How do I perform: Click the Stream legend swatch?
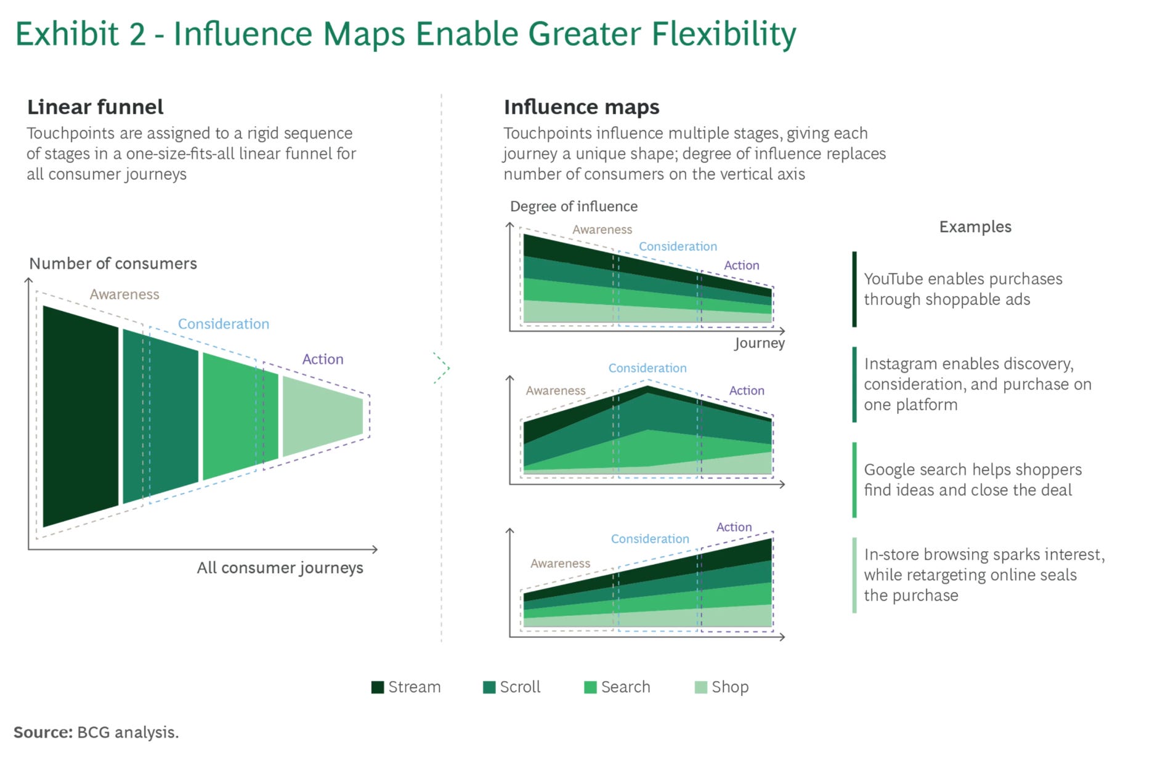coord(378,687)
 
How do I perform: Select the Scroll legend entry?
coord(511,687)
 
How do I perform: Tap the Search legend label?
coord(625,687)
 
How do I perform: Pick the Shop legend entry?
coord(721,687)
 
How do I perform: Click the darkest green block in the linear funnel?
coord(80,416)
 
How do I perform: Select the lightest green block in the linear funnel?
coord(323,416)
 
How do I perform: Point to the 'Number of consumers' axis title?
coord(113,264)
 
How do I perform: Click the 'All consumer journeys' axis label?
coord(280,568)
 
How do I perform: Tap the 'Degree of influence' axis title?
coord(574,206)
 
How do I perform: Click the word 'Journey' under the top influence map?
coord(760,344)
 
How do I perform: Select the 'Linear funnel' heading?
coord(95,107)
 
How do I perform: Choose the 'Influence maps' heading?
coord(582,107)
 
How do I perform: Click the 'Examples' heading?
coord(975,227)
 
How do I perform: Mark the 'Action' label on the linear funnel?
coord(323,359)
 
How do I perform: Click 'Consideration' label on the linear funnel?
coord(224,324)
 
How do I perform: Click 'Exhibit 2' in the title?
coord(81,34)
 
